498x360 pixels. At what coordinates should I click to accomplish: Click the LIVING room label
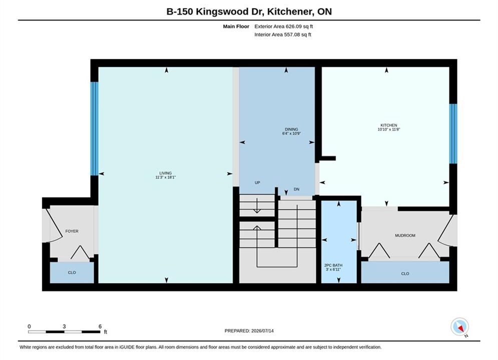pyautogui.click(x=166, y=173)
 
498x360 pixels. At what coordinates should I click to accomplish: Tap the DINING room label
pyautogui.click(x=291, y=129)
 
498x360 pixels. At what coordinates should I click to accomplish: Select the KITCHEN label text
pyautogui.click(x=389, y=125)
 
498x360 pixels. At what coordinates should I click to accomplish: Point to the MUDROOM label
pyautogui.click(x=405, y=235)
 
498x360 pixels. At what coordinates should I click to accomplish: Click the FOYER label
pyautogui.click(x=72, y=231)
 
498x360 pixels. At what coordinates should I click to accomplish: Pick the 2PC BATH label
pyautogui.click(x=333, y=265)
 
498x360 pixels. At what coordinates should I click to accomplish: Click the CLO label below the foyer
pyautogui.click(x=72, y=272)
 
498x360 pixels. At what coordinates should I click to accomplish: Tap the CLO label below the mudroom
pyautogui.click(x=405, y=273)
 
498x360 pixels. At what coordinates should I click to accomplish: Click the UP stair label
pyautogui.click(x=257, y=182)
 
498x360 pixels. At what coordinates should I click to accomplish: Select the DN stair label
pyautogui.click(x=296, y=189)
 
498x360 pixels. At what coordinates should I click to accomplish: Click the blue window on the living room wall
pyautogui.click(x=94, y=129)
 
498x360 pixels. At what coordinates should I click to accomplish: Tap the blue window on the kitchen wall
pyautogui.click(x=453, y=133)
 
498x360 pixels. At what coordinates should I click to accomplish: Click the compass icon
pyautogui.click(x=459, y=326)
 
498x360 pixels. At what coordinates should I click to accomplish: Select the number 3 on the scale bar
pyautogui.click(x=64, y=326)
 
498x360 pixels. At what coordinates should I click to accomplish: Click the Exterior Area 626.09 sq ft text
pyautogui.click(x=284, y=26)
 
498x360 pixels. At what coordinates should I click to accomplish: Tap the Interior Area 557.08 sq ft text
pyautogui.click(x=283, y=34)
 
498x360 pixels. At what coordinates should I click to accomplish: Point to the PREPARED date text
pyautogui.click(x=249, y=331)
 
